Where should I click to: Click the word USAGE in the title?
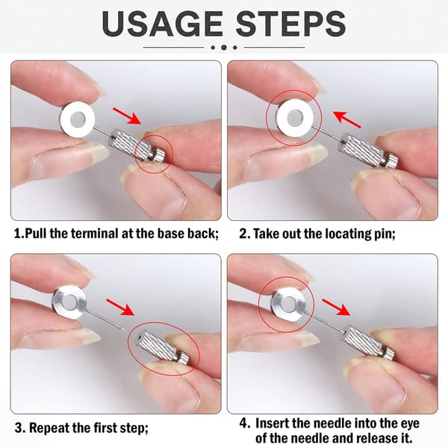click(162, 23)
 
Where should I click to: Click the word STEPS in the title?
click(290, 23)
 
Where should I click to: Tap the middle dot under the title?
click(224, 48)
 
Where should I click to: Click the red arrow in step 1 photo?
click(127, 116)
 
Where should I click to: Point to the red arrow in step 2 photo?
click(347, 119)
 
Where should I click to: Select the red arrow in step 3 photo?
click(120, 307)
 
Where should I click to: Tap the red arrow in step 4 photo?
click(336, 307)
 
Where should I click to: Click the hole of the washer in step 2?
click(295, 118)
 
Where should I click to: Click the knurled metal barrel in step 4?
click(364, 341)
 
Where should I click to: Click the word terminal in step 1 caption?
click(95, 234)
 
